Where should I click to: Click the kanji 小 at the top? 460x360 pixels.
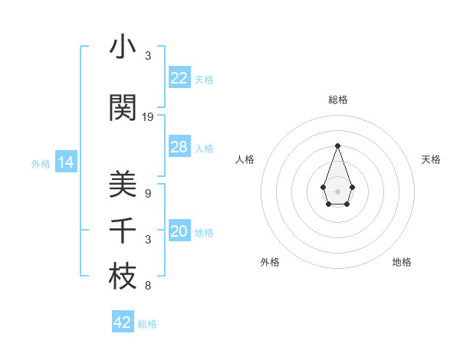click(123, 47)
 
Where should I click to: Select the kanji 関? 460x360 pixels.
click(123, 108)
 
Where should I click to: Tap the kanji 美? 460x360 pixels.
click(123, 185)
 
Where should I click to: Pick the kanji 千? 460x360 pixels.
click(123, 231)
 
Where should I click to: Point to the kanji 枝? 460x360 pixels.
click(123, 277)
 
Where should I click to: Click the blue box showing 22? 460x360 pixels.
click(179, 78)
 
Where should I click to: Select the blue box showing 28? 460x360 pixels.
click(179, 147)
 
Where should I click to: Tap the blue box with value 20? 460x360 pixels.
click(179, 232)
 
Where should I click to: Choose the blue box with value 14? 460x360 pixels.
click(65, 162)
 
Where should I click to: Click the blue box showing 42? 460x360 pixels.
click(123, 322)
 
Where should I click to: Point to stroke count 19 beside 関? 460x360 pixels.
click(148, 117)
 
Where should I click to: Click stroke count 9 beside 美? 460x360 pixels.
click(148, 194)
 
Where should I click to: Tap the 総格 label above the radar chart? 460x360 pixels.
click(337, 100)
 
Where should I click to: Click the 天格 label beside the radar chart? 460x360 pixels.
click(432, 159)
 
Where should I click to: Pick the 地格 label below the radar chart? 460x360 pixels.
click(402, 262)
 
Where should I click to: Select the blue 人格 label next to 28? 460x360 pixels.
click(204, 148)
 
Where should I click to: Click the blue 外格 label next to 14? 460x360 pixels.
click(41, 163)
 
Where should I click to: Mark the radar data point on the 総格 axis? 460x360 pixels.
click(337, 146)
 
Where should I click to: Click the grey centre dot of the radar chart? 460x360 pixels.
click(337, 191)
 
